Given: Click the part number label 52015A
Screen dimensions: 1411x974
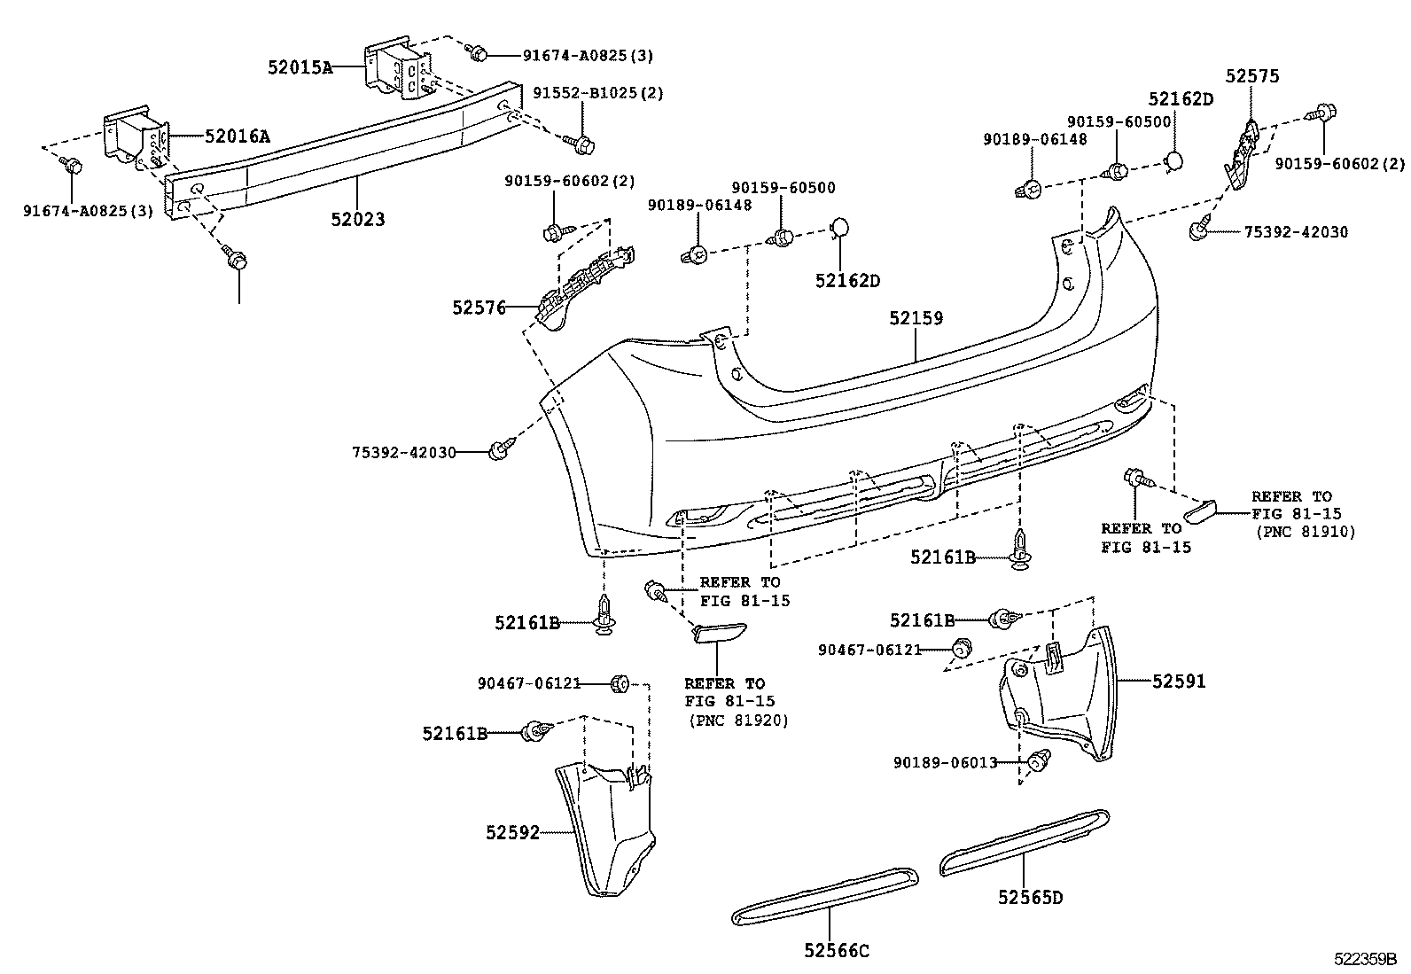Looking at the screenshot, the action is point(300,66).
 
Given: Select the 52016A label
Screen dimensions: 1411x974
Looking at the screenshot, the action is point(238,136).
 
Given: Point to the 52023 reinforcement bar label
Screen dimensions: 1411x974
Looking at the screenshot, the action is point(358,219).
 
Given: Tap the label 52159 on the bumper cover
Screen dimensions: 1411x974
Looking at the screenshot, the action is point(916,318).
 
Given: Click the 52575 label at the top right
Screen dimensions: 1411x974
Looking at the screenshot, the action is point(1252,76).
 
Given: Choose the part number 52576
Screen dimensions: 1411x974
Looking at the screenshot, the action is point(479,308).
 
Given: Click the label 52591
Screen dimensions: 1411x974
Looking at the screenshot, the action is point(1179,681).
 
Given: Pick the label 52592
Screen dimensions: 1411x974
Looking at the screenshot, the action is point(513,833).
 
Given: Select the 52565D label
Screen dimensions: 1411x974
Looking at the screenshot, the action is point(1030,897).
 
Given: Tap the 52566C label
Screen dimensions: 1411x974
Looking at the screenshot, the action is point(837,951).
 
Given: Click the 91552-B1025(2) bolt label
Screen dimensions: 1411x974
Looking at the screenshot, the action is point(597,93).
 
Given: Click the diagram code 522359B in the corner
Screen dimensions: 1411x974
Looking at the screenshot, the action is point(1365,959).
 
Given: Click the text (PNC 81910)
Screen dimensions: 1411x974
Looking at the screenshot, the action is point(1306,532).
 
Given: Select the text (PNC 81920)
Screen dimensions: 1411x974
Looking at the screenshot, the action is point(738,721).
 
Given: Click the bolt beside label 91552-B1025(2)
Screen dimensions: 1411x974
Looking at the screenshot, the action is point(581,144).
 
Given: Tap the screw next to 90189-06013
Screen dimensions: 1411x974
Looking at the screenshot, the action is point(1039,760).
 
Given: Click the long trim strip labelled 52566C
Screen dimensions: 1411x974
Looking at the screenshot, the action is point(825,896).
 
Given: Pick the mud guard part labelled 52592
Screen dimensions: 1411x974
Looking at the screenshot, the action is point(604,829).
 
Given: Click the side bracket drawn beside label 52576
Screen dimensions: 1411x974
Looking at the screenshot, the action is point(586,287).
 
